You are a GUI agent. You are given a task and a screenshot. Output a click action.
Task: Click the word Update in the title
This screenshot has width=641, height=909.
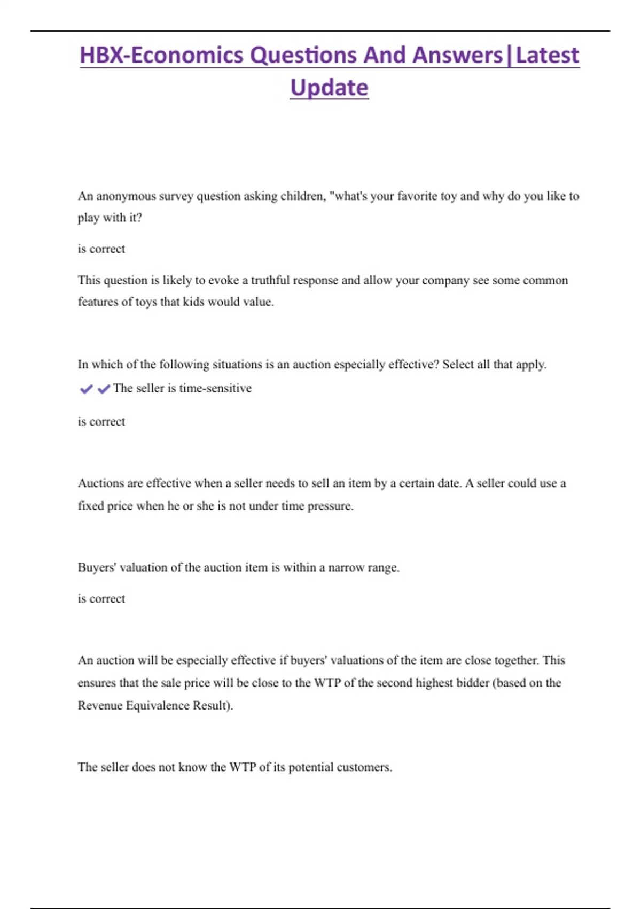point(329,87)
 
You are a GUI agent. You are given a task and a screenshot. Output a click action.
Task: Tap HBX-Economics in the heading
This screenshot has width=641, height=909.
point(161,55)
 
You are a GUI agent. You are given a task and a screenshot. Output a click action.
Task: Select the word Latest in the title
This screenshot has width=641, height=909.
point(548,55)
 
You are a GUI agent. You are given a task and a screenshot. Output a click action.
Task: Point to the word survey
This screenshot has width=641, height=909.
point(176,196)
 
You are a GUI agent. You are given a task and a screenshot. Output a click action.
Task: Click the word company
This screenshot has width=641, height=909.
point(442,280)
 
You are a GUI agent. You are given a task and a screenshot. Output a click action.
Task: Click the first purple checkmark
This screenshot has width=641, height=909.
point(86,389)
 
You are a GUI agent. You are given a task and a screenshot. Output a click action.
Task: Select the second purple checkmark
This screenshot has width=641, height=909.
point(104,389)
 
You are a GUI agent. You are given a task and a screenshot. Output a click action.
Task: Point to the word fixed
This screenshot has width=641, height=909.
point(91,505)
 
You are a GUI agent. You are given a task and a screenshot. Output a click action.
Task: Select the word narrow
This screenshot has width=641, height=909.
point(345,567)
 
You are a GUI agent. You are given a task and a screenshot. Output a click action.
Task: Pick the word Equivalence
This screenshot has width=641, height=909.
point(158,705)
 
